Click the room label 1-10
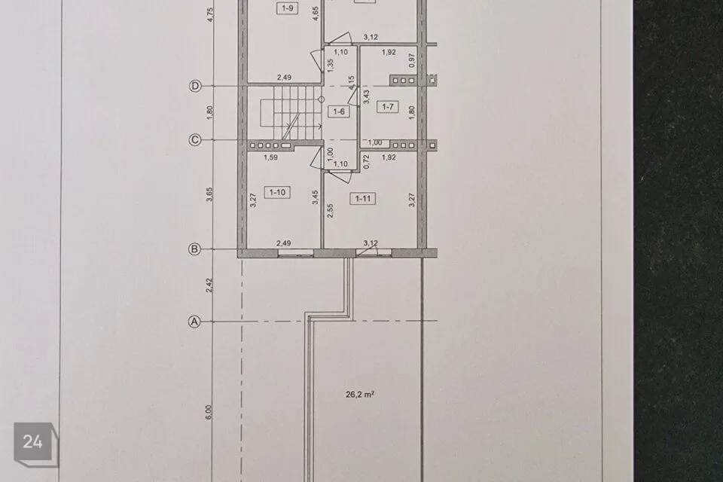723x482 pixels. point(277,192)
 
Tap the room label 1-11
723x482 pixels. point(363,198)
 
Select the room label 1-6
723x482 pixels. point(339,111)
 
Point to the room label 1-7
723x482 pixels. point(388,106)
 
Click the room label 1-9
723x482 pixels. point(287,8)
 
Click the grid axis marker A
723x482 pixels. point(195,322)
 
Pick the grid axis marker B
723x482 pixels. point(194,249)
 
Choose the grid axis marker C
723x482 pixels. point(195,140)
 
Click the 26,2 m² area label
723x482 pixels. point(360,395)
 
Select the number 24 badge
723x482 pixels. point(33,442)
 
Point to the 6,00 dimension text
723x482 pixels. point(209,412)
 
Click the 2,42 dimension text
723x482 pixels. point(209,285)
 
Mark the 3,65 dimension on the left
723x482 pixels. point(209,194)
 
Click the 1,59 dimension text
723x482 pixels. point(270,157)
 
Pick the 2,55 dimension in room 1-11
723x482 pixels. point(330,211)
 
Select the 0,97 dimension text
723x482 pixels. point(412,60)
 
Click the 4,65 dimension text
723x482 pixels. point(316,14)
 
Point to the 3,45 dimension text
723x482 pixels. point(316,197)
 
